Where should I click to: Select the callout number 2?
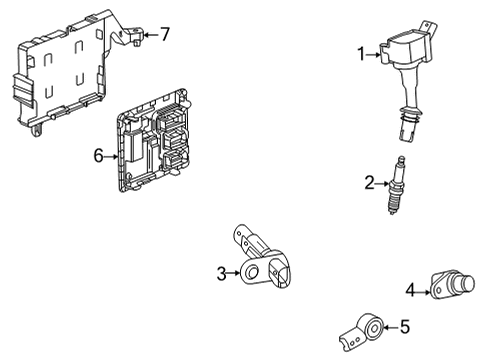pos(369,182)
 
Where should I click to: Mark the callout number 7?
pos(165,34)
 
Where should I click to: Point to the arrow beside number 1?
pos(376,54)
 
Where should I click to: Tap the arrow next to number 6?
pos(112,155)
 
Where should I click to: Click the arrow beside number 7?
pos(150,35)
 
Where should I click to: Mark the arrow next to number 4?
pos(424,292)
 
